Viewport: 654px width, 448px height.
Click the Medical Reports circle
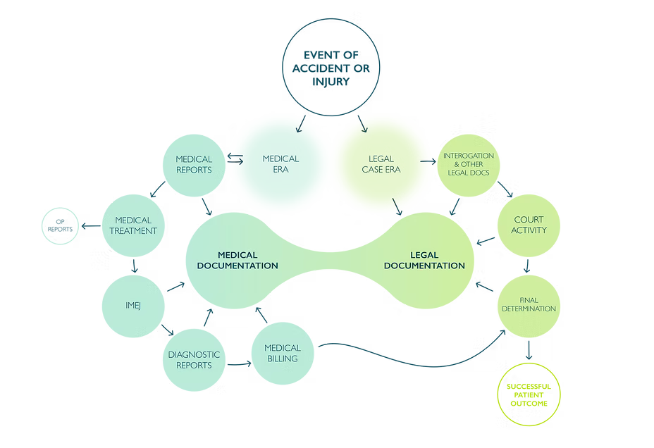tap(194, 164)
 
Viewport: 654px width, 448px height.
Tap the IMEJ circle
tap(133, 305)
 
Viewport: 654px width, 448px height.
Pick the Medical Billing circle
tap(282, 354)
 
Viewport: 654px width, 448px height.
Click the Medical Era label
tap(280, 163)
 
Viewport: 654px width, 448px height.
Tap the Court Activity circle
tap(529, 225)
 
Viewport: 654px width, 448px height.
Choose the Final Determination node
tap(529, 304)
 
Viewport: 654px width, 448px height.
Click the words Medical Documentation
tap(237, 260)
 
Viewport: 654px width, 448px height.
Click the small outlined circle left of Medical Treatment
tap(60, 225)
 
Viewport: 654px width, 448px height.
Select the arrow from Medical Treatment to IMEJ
tap(133, 265)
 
